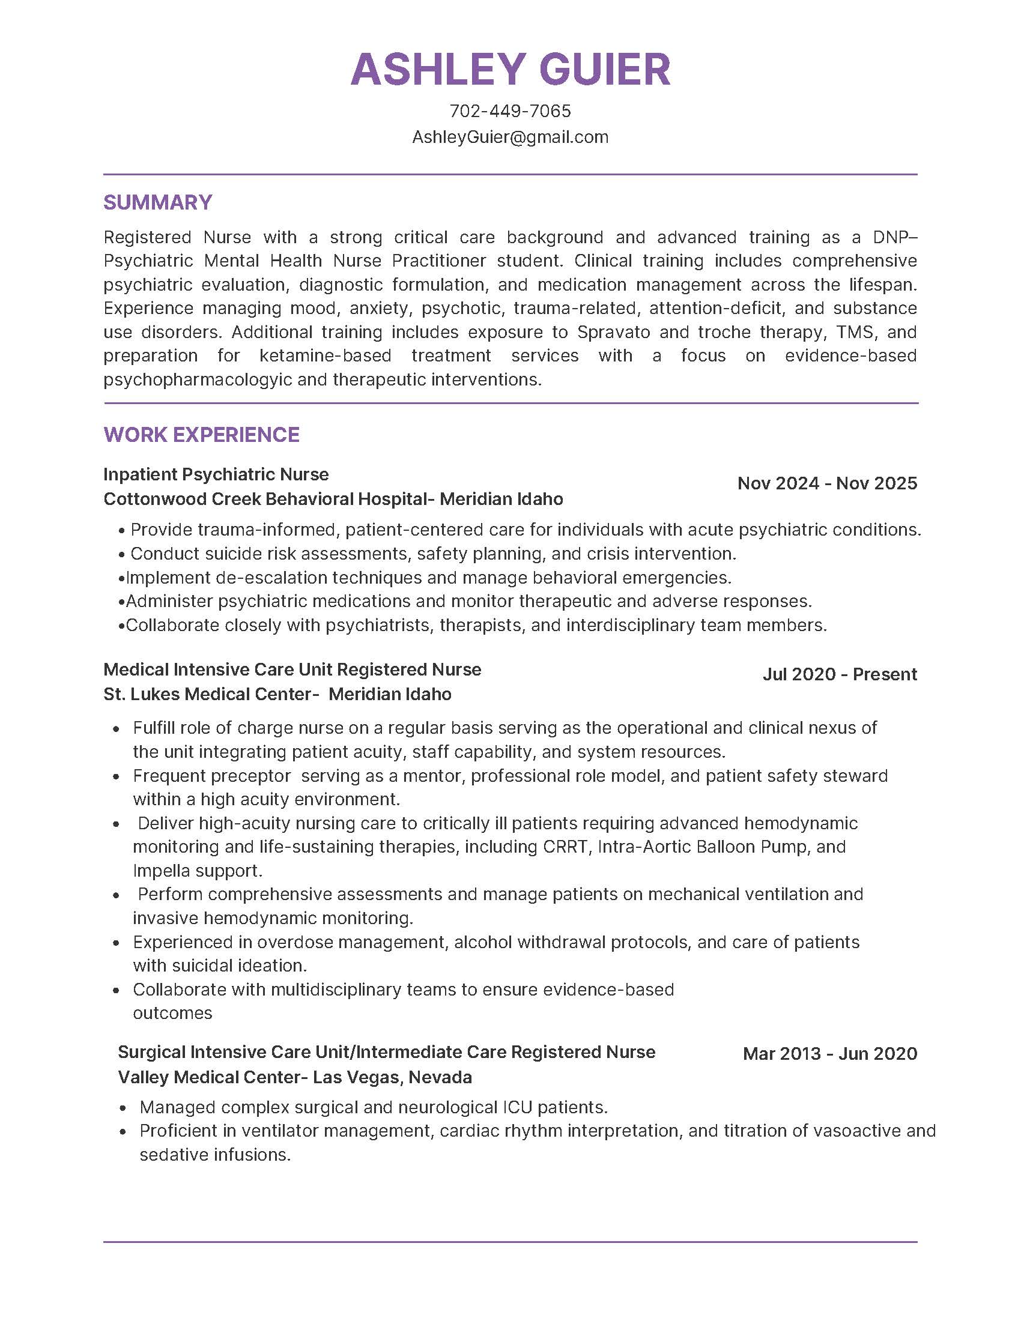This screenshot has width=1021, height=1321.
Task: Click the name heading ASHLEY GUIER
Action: click(510, 68)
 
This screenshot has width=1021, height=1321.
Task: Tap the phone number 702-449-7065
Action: click(510, 110)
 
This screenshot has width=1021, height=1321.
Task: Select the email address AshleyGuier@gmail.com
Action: click(510, 138)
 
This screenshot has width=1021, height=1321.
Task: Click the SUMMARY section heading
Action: click(158, 202)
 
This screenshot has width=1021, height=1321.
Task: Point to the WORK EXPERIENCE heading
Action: click(201, 434)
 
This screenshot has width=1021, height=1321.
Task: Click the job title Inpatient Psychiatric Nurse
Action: click(216, 474)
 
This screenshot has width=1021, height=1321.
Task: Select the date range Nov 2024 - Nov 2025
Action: click(827, 483)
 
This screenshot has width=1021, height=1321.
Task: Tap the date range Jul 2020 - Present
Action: click(840, 674)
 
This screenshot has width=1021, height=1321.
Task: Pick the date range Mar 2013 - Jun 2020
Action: click(830, 1053)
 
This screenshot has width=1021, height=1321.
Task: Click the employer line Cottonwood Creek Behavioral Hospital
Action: click(333, 499)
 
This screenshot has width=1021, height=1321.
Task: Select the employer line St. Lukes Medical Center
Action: click(277, 694)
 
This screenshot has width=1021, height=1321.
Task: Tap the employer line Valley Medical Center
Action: click(294, 1077)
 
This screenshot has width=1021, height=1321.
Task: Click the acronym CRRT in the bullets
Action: click(565, 847)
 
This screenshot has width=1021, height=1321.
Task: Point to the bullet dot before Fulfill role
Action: click(117, 729)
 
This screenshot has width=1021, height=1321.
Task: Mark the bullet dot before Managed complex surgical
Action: click(123, 1108)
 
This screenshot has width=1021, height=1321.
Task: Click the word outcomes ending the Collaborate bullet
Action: click(172, 1013)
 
